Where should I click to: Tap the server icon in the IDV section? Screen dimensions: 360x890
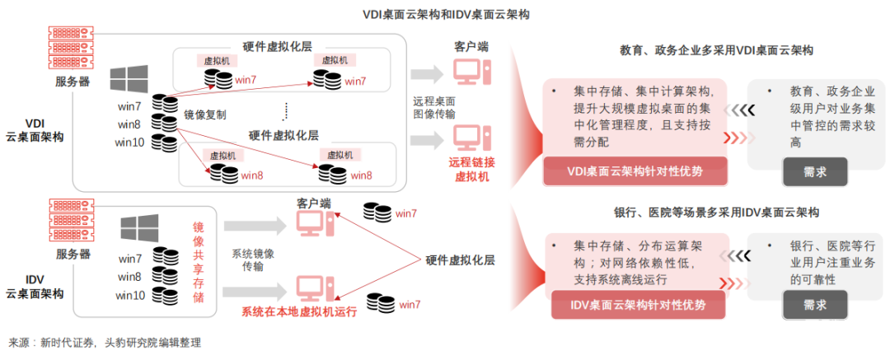point(73,221)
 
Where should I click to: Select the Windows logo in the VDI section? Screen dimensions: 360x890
point(129,80)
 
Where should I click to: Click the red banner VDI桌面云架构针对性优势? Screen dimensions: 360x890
point(635,171)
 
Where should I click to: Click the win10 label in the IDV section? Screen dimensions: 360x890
point(131,295)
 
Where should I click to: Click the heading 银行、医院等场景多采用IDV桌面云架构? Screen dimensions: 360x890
point(716,213)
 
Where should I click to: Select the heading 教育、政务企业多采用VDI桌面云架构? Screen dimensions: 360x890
point(716,50)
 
